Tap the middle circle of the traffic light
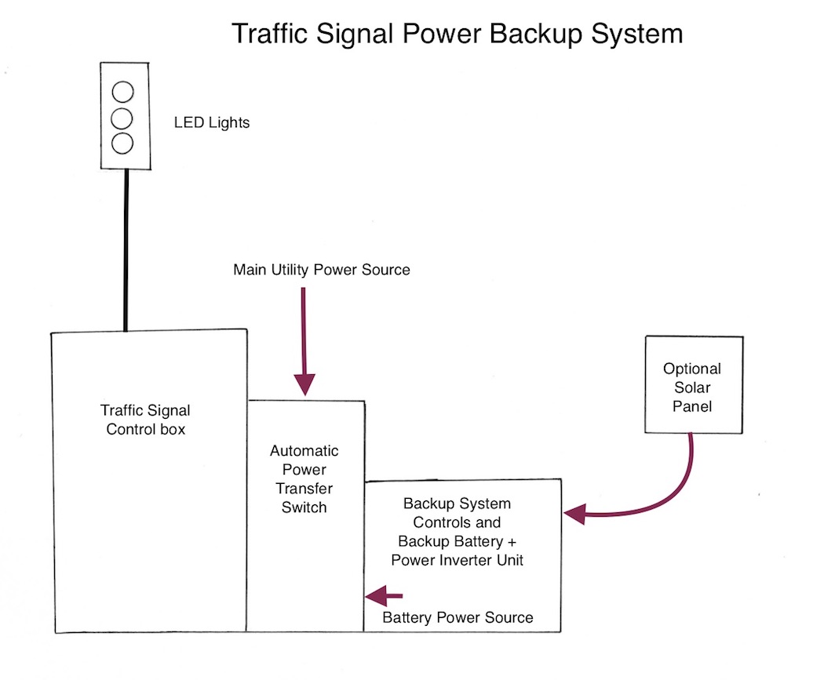123,118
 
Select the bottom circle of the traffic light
123,144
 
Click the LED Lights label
212,122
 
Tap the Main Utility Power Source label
322,270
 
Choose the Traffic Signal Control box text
146,420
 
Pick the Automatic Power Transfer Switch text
304,478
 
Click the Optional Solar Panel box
693,384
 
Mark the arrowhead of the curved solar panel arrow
575,515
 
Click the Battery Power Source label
458,617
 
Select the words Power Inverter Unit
457,560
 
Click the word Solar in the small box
692,388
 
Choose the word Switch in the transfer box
304,507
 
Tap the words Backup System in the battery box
457,504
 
